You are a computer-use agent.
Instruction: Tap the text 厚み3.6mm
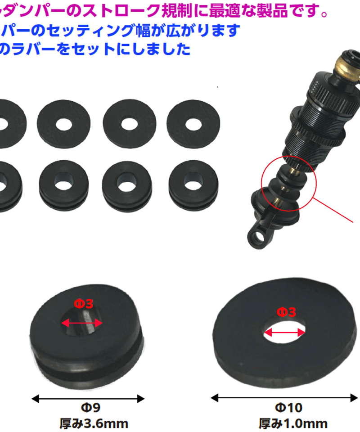(x=94, y=423)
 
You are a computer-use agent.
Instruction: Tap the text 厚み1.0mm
(x=293, y=423)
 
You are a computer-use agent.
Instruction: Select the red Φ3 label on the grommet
(x=84, y=304)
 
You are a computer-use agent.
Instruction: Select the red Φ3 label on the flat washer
(x=286, y=311)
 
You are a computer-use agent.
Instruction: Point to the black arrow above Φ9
(x=88, y=398)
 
